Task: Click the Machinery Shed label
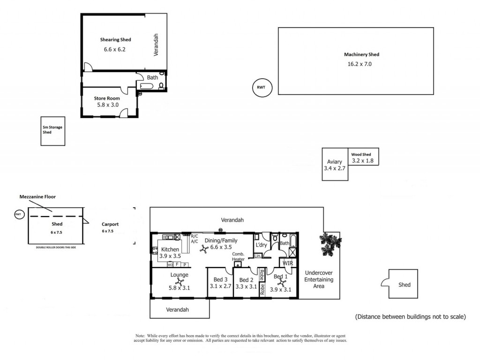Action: click(x=361, y=54)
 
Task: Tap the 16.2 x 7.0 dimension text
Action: click(x=360, y=64)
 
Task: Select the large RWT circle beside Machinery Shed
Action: click(x=262, y=88)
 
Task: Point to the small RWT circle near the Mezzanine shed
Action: click(x=18, y=214)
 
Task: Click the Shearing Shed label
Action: click(x=115, y=39)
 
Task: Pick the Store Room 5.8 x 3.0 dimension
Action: click(x=108, y=105)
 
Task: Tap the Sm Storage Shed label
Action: click(x=52, y=130)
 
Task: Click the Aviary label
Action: click(x=334, y=162)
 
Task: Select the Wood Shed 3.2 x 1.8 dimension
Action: click(x=362, y=161)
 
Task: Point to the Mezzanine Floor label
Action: click(x=37, y=197)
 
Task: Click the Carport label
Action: click(x=110, y=225)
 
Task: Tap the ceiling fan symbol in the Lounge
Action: click(x=180, y=282)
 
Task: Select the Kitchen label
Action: click(x=170, y=249)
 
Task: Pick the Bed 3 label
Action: click(x=220, y=279)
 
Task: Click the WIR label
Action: click(x=288, y=263)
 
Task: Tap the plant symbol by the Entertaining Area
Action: click(x=330, y=244)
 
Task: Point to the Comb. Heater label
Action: click(x=238, y=256)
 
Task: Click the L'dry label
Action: click(x=261, y=245)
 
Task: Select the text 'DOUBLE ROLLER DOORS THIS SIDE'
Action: click(x=56, y=247)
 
